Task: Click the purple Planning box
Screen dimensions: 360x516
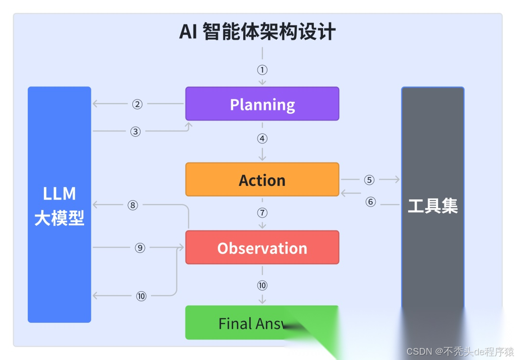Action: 262,104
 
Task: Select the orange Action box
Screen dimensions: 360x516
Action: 262,179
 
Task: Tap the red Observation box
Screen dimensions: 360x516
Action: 262,247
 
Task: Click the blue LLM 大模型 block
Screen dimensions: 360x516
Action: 59,205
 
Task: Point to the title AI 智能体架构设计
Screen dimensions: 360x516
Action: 258,32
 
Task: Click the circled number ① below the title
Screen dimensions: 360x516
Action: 262,70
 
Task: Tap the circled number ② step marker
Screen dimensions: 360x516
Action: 138,104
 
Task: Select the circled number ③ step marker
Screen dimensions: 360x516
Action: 136,131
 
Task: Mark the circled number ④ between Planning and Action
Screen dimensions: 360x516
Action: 262,139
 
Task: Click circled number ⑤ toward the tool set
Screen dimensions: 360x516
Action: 369,180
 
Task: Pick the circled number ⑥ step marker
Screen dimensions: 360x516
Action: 371,202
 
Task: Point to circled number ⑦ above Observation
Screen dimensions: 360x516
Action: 262,213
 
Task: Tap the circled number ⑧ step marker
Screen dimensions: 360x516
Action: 133,205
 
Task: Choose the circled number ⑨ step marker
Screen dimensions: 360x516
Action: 140,248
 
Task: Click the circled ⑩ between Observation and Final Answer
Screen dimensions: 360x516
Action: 262,285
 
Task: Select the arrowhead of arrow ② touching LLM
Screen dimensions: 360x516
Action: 95,104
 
